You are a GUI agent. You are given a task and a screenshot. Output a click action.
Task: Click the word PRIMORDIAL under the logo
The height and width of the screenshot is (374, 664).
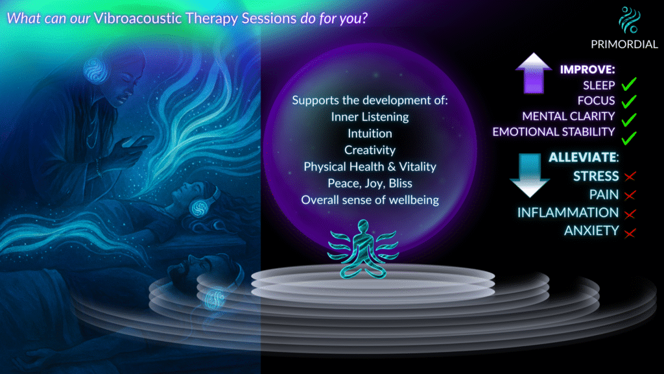click(x=624, y=44)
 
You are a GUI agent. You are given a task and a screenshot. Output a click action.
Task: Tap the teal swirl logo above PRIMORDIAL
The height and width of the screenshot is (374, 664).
click(x=629, y=20)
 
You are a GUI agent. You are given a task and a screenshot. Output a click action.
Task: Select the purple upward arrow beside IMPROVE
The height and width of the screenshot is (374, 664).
click(x=534, y=73)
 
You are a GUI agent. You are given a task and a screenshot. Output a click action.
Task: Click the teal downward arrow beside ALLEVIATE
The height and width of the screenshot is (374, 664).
click(x=529, y=175)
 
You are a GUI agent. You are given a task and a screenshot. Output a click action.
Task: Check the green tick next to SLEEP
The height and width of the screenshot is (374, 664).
click(x=629, y=84)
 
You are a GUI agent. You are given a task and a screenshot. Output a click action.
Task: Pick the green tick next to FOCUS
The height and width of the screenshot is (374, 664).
click(x=629, y=101)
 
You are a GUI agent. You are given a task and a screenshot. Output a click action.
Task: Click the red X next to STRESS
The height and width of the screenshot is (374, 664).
click(x=630, y=176)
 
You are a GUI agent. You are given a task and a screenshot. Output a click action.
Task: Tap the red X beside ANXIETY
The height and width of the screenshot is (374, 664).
click(x=630, y=233)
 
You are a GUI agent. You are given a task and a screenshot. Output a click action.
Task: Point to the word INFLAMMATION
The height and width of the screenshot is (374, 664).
click(x=568, y=212)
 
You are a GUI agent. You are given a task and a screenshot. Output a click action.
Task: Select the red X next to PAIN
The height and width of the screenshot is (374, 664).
click(x=630, y=195)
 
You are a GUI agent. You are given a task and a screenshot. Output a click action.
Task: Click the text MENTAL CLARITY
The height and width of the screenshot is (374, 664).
click(x=568, y=116)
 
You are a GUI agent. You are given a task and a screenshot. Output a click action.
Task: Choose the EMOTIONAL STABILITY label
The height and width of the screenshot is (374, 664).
click(x=554, y=132)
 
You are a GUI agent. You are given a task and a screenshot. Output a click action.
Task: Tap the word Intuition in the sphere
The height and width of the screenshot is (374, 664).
click(x=370, y=134)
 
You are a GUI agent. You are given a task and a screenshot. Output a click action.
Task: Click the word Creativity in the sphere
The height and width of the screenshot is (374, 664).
click(x=370, y=150)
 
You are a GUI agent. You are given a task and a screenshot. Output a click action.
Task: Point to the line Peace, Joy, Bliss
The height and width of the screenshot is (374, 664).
click(x=370, y=184)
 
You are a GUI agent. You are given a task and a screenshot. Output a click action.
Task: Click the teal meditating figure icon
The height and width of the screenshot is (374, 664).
click(x=363, y=249)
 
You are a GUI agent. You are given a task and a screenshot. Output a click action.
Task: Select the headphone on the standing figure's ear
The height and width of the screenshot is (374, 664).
click(x=96, y=70)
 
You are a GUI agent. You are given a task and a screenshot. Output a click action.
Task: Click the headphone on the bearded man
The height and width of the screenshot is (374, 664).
click(x=215, y=298)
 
